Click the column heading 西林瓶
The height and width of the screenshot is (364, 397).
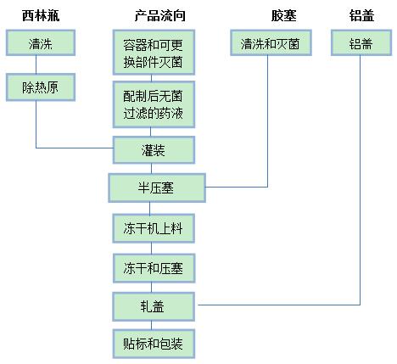41,15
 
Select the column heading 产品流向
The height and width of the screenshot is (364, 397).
159,15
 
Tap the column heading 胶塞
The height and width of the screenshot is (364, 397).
283,15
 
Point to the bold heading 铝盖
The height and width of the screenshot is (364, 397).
361,15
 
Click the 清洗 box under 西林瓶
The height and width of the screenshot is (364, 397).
41,42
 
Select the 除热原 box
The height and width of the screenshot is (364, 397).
41,87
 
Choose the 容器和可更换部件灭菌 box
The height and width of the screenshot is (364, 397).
154,53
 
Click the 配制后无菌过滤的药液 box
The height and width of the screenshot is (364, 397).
154,104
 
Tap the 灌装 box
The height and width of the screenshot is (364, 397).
154,150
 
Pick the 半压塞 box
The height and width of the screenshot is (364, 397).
157,188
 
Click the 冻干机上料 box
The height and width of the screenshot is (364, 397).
154,228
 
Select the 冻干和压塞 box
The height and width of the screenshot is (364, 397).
154,268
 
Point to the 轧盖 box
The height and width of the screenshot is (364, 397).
154,306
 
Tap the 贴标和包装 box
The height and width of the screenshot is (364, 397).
154,344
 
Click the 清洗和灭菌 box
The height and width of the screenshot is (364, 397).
271,42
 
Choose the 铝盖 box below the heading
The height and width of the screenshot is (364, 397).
361,42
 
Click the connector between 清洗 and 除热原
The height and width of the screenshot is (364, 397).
36,64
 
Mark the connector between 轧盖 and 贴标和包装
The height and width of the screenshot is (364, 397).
151,325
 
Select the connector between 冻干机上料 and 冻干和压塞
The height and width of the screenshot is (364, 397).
151,249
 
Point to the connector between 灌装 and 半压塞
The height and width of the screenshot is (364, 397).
151,169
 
